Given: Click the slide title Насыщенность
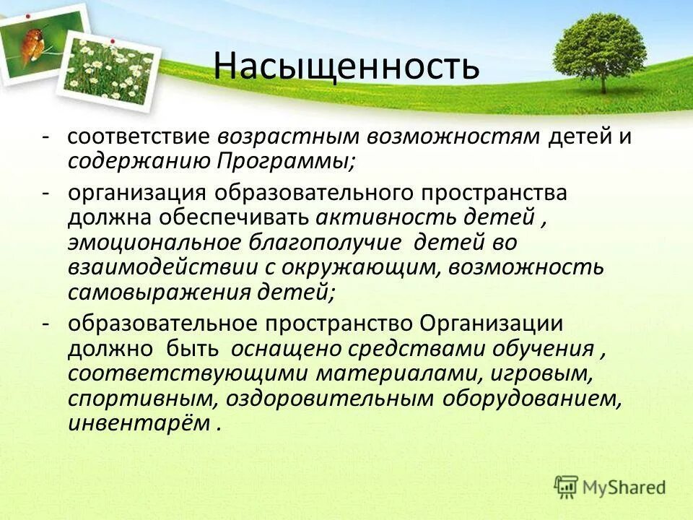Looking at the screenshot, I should click(x=346, y=66).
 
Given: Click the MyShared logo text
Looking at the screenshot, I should click(x=624, y=487).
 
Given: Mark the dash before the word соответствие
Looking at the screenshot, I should click(x=45, y=137).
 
